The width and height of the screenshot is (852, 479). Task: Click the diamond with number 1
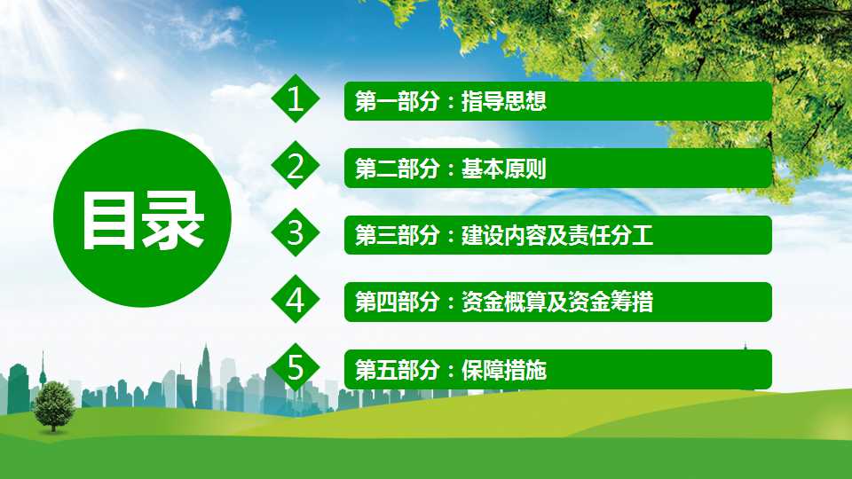click(295, 98)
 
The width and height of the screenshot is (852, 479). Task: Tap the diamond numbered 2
click(295, 166)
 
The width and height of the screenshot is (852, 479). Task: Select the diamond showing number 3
click(295, 233)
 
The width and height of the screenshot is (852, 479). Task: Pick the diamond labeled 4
click(295, 300)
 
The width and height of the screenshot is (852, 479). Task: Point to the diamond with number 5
click(295, 367)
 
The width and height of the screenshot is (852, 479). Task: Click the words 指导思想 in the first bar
click(504, 101)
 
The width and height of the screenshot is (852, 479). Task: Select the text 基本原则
click(504, 169)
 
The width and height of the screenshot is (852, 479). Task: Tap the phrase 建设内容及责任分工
click(557, 236)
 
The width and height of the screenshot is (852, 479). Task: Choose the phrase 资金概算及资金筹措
click(557, 302)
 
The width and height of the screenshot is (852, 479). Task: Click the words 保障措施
click(504, 370)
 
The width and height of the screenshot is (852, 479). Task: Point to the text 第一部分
click(398, 101)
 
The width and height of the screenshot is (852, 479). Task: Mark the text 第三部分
click(398, 236)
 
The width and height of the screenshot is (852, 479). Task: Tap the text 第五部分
click(398, 370)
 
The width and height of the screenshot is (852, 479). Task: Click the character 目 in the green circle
click(108, 221)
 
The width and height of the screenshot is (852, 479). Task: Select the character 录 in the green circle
click(173, 221)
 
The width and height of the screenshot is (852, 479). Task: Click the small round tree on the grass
click(53, 405)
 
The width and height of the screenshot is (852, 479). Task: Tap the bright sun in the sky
click(119, 74)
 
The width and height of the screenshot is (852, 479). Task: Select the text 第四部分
click(398, 302)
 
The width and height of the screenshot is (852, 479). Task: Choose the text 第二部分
click(398, 169)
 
